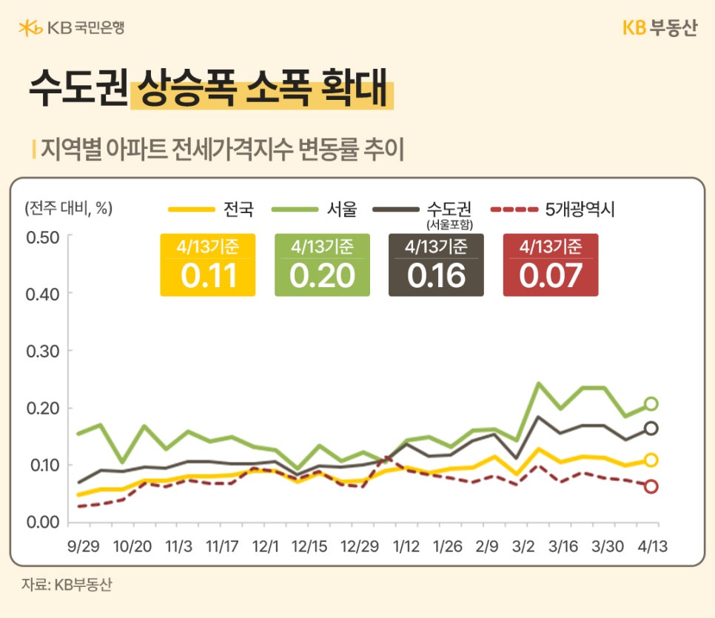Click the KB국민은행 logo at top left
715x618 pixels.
point(71,28)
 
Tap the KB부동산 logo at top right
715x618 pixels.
point(659,28)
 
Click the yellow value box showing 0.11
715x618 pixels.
point(208,266)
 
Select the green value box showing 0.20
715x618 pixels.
point(322,266)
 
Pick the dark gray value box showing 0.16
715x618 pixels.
point(436,266)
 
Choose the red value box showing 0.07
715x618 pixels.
point(550,266)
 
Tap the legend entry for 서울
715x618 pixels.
point(315,209)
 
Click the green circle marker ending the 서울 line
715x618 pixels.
point(651,403)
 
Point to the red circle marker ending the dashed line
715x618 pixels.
point(651,486)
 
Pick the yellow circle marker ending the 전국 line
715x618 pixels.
point(651,460)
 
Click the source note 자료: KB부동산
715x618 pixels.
point(67,584)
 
